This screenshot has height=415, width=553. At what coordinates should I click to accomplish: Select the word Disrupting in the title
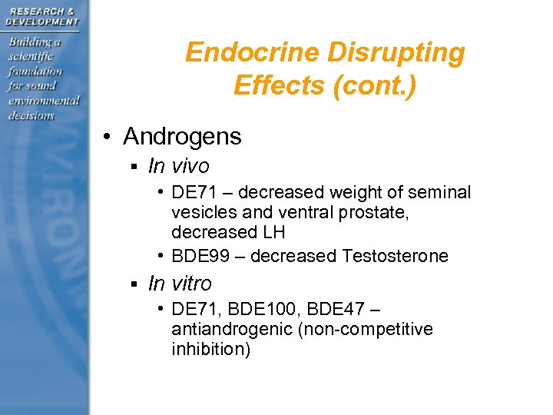(396, 53)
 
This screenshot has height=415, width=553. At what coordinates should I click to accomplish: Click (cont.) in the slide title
(374, 85)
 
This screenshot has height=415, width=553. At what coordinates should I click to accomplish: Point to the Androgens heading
(182, 137)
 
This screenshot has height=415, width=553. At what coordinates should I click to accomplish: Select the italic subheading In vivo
(179, 166)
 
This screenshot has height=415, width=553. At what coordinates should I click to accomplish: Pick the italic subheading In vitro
(180, 284)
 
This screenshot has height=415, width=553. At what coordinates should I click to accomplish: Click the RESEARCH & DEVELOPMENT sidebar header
(42, 16)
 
